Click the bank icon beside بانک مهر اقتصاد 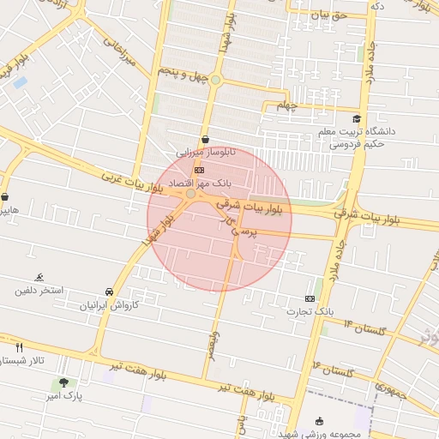[200, 170]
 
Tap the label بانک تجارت [310, 311]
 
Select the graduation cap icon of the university [357, 119]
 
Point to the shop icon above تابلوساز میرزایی [205, 139]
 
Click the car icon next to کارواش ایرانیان [110, 292]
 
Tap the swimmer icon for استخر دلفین [39, 277]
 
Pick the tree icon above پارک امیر [63, 382]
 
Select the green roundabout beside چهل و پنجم [216, 81]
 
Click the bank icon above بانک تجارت [310, 298]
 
